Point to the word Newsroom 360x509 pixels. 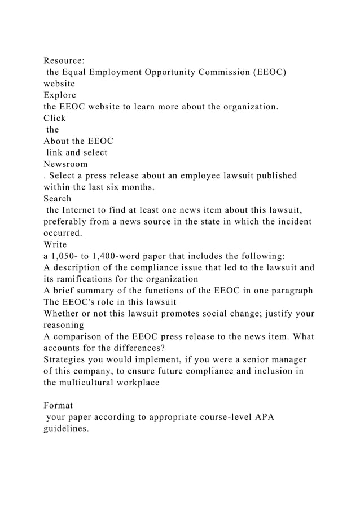[x=66, y=164]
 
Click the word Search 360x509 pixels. [x=58, y=198]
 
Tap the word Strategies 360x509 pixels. [x=67, y=359]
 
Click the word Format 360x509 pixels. [x=58, y=406]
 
